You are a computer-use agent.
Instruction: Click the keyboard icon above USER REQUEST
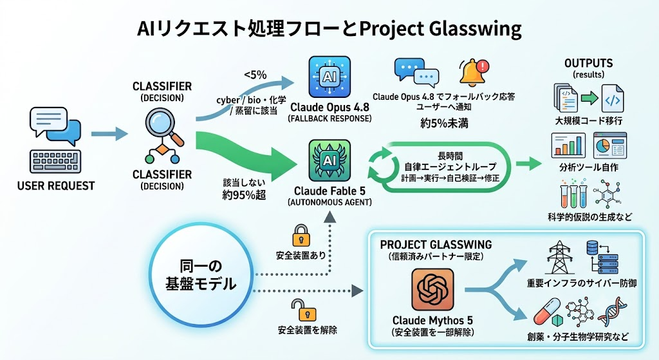tap(55, 161)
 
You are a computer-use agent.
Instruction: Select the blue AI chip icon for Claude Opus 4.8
tap(329, 77)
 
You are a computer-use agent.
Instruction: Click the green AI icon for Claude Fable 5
tap(329, 160)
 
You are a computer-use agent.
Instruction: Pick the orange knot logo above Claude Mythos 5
tap(432, 289)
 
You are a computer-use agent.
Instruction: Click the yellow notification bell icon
tap(474, 73)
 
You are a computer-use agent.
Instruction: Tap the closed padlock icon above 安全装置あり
tap(301, 236)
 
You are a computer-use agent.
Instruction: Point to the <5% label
tap(255, 75)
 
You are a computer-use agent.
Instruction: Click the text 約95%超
tap(244, 195)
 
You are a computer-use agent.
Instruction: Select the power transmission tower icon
tap(561, 258)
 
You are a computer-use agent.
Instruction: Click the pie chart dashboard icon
tap(610, 146)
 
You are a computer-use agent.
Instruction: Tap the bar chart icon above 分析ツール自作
tap(568, 146)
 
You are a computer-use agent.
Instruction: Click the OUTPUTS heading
tap(588, 64)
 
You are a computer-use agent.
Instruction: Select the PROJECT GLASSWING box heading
tap(436, 245)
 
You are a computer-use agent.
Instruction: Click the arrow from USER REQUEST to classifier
tap(109, 134)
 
